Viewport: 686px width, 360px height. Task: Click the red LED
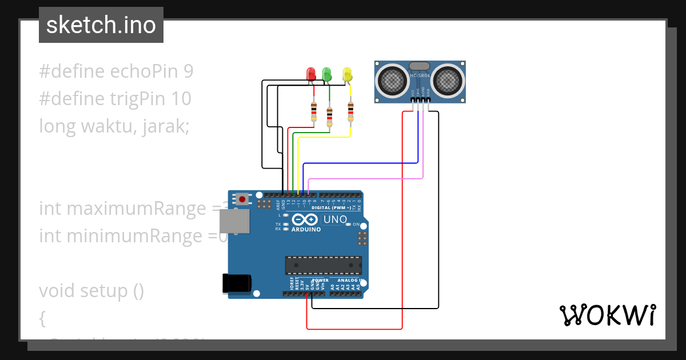[311, 74]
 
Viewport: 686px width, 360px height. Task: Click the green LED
[327, 74]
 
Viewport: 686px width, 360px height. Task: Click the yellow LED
[347, 74]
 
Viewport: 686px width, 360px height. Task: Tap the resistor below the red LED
[313, 111]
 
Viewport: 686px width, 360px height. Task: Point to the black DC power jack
[237, 283]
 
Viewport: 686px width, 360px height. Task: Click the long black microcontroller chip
[324, 266]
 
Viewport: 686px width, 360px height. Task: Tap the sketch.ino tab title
[101, 25]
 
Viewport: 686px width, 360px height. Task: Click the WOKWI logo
[607, 315]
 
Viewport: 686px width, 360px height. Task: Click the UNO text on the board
[335, 219]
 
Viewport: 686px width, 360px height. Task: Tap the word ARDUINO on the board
[306, 229]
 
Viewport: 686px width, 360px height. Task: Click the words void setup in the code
[91, 291]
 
